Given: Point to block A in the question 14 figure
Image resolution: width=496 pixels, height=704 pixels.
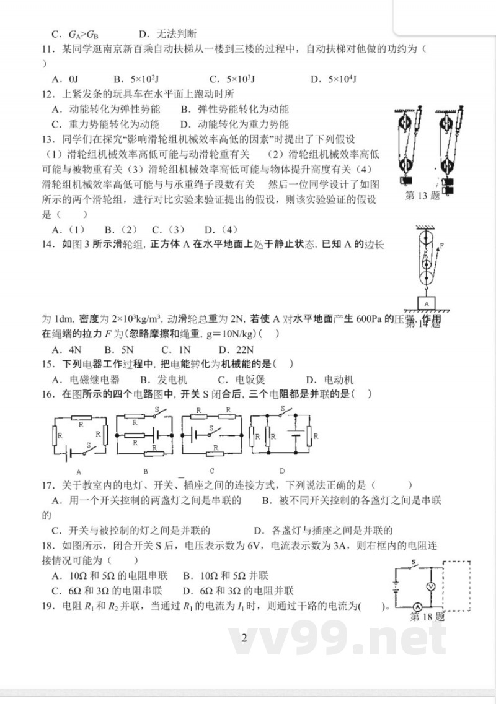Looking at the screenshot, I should pos(427,303).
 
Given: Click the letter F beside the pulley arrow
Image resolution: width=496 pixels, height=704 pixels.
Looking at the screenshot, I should pos(441,246).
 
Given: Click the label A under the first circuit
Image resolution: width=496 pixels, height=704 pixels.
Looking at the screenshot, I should pos(79,471).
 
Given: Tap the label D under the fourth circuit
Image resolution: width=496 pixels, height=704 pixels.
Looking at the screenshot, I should pos(281,471).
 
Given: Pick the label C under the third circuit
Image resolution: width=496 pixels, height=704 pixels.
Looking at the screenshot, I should pos(212,471).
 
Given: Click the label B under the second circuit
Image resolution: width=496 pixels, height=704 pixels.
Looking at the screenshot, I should pos(144,471).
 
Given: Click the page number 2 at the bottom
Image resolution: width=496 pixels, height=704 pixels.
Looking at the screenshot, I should pos(244,638).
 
